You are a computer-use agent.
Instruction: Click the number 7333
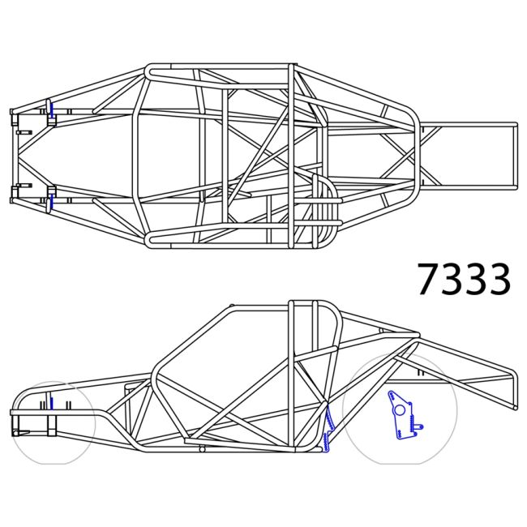click(464, 280)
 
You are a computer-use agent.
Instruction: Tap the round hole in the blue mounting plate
click(399, 410)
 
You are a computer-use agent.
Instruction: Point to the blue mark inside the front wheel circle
click(50, 403)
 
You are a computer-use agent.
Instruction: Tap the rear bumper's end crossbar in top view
click(516, 155)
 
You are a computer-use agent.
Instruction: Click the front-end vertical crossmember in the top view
click(14, 155)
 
